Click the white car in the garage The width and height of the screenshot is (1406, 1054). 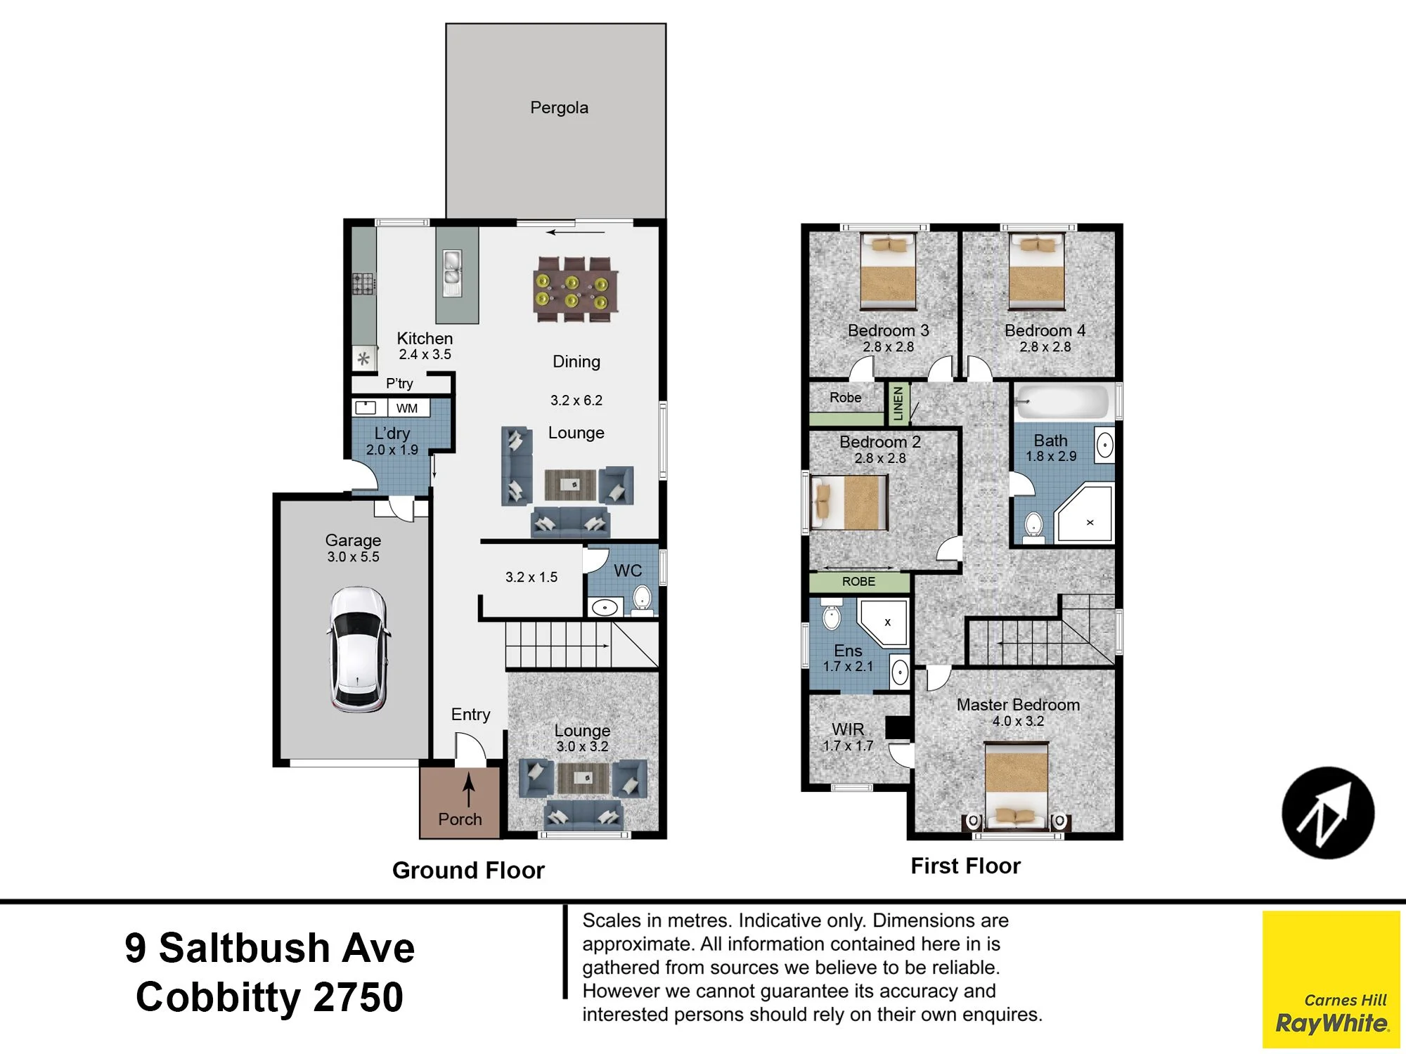[358, 649]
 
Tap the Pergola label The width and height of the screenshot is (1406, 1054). [559, 108]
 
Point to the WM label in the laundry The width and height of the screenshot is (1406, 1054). [407, 408]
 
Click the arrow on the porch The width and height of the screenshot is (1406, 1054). [468, 789]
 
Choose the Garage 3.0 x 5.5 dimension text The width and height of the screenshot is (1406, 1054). [353, 557]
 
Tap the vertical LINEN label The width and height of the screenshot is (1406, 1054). [898, 403]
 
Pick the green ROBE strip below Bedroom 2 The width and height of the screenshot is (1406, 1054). [859, 582]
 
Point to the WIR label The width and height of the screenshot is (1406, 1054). [848, 729]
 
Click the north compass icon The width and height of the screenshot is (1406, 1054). [1328, 813]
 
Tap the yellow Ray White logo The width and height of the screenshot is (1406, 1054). [1331, 980]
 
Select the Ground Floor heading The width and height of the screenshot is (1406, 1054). [468, 870]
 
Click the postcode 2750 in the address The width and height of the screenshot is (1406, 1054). [359, 997]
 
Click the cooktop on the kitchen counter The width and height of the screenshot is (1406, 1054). [363, 284]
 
